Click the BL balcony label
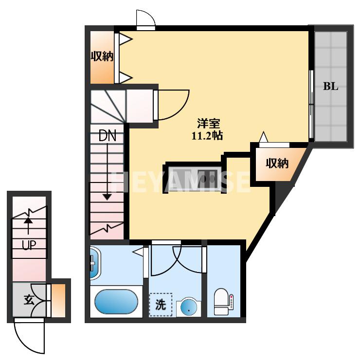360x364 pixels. point(331,86)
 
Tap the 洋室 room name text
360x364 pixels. point(208,123)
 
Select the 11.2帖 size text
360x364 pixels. point(207,136)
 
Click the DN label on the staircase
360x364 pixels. point(107,136)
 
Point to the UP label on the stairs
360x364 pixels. point(29,245)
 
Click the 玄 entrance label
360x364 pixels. point(29,300)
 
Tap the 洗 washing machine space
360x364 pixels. point(161,305)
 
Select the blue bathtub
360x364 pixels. point(116,301)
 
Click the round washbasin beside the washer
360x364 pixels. point(188,308)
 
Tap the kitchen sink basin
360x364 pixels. point(208,179)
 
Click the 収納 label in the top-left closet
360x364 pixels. point(102,56)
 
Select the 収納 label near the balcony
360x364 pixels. point(277,164)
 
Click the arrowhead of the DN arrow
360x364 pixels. point(107,197)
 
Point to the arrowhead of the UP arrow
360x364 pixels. point(28,220)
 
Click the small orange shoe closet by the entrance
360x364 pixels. point(58,300)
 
